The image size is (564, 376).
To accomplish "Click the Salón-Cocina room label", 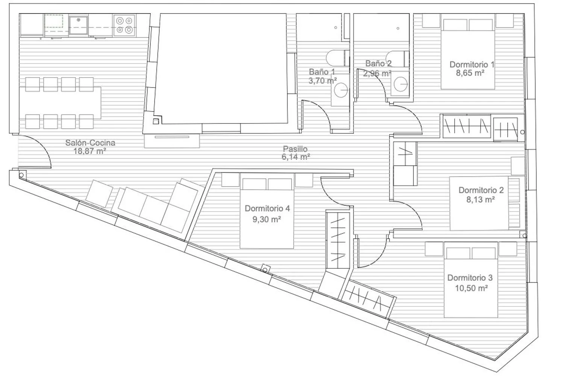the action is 90,143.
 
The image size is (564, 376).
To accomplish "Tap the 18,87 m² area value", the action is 89,151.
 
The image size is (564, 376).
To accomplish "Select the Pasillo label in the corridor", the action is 295,149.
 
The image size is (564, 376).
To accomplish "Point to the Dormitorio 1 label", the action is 472,64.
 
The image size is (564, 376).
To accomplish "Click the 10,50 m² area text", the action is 472,288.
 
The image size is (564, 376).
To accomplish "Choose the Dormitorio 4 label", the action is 267,209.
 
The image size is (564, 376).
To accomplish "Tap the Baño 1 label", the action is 322,72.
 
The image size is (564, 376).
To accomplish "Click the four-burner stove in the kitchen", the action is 124,25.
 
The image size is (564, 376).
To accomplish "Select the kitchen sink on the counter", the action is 78,25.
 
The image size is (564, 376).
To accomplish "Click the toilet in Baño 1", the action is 338,58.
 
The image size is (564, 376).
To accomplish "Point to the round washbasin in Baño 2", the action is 400,84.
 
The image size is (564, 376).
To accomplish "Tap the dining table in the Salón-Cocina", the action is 60,103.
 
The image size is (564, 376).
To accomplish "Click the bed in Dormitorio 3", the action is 471,280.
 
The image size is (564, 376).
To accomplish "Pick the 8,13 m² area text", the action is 481,199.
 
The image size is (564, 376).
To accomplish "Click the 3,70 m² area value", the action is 323,81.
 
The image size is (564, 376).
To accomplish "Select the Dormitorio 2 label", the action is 481,190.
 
